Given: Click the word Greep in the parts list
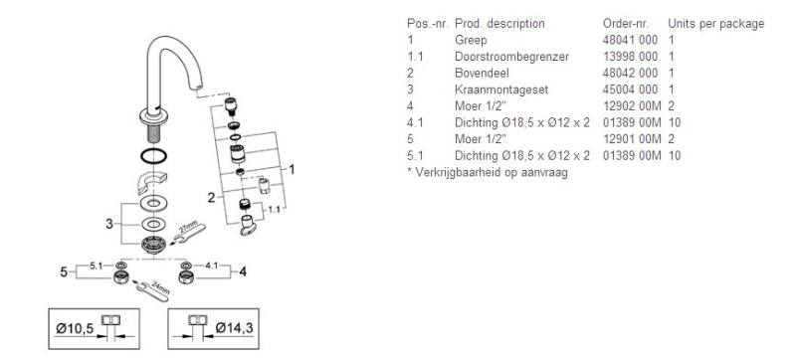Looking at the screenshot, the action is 471,40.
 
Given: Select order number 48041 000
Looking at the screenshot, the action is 630,40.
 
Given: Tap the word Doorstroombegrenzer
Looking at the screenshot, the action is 511,57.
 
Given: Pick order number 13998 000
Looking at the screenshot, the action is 630,57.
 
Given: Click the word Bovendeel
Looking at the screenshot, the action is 482,73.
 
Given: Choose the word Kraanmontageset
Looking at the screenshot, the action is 501,90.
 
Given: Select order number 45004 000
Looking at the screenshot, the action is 630,90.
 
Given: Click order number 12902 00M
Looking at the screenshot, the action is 632,106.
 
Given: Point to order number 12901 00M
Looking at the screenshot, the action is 632,139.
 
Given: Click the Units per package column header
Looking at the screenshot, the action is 715,24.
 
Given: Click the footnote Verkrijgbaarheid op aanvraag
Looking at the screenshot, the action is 492,172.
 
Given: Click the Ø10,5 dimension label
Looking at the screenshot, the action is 75,329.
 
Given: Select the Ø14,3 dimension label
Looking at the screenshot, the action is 234,328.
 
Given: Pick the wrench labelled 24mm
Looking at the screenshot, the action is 153,290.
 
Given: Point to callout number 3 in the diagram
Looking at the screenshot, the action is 109,224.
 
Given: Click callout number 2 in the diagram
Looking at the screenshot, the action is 211,198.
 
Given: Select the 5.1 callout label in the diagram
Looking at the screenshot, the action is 97,265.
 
